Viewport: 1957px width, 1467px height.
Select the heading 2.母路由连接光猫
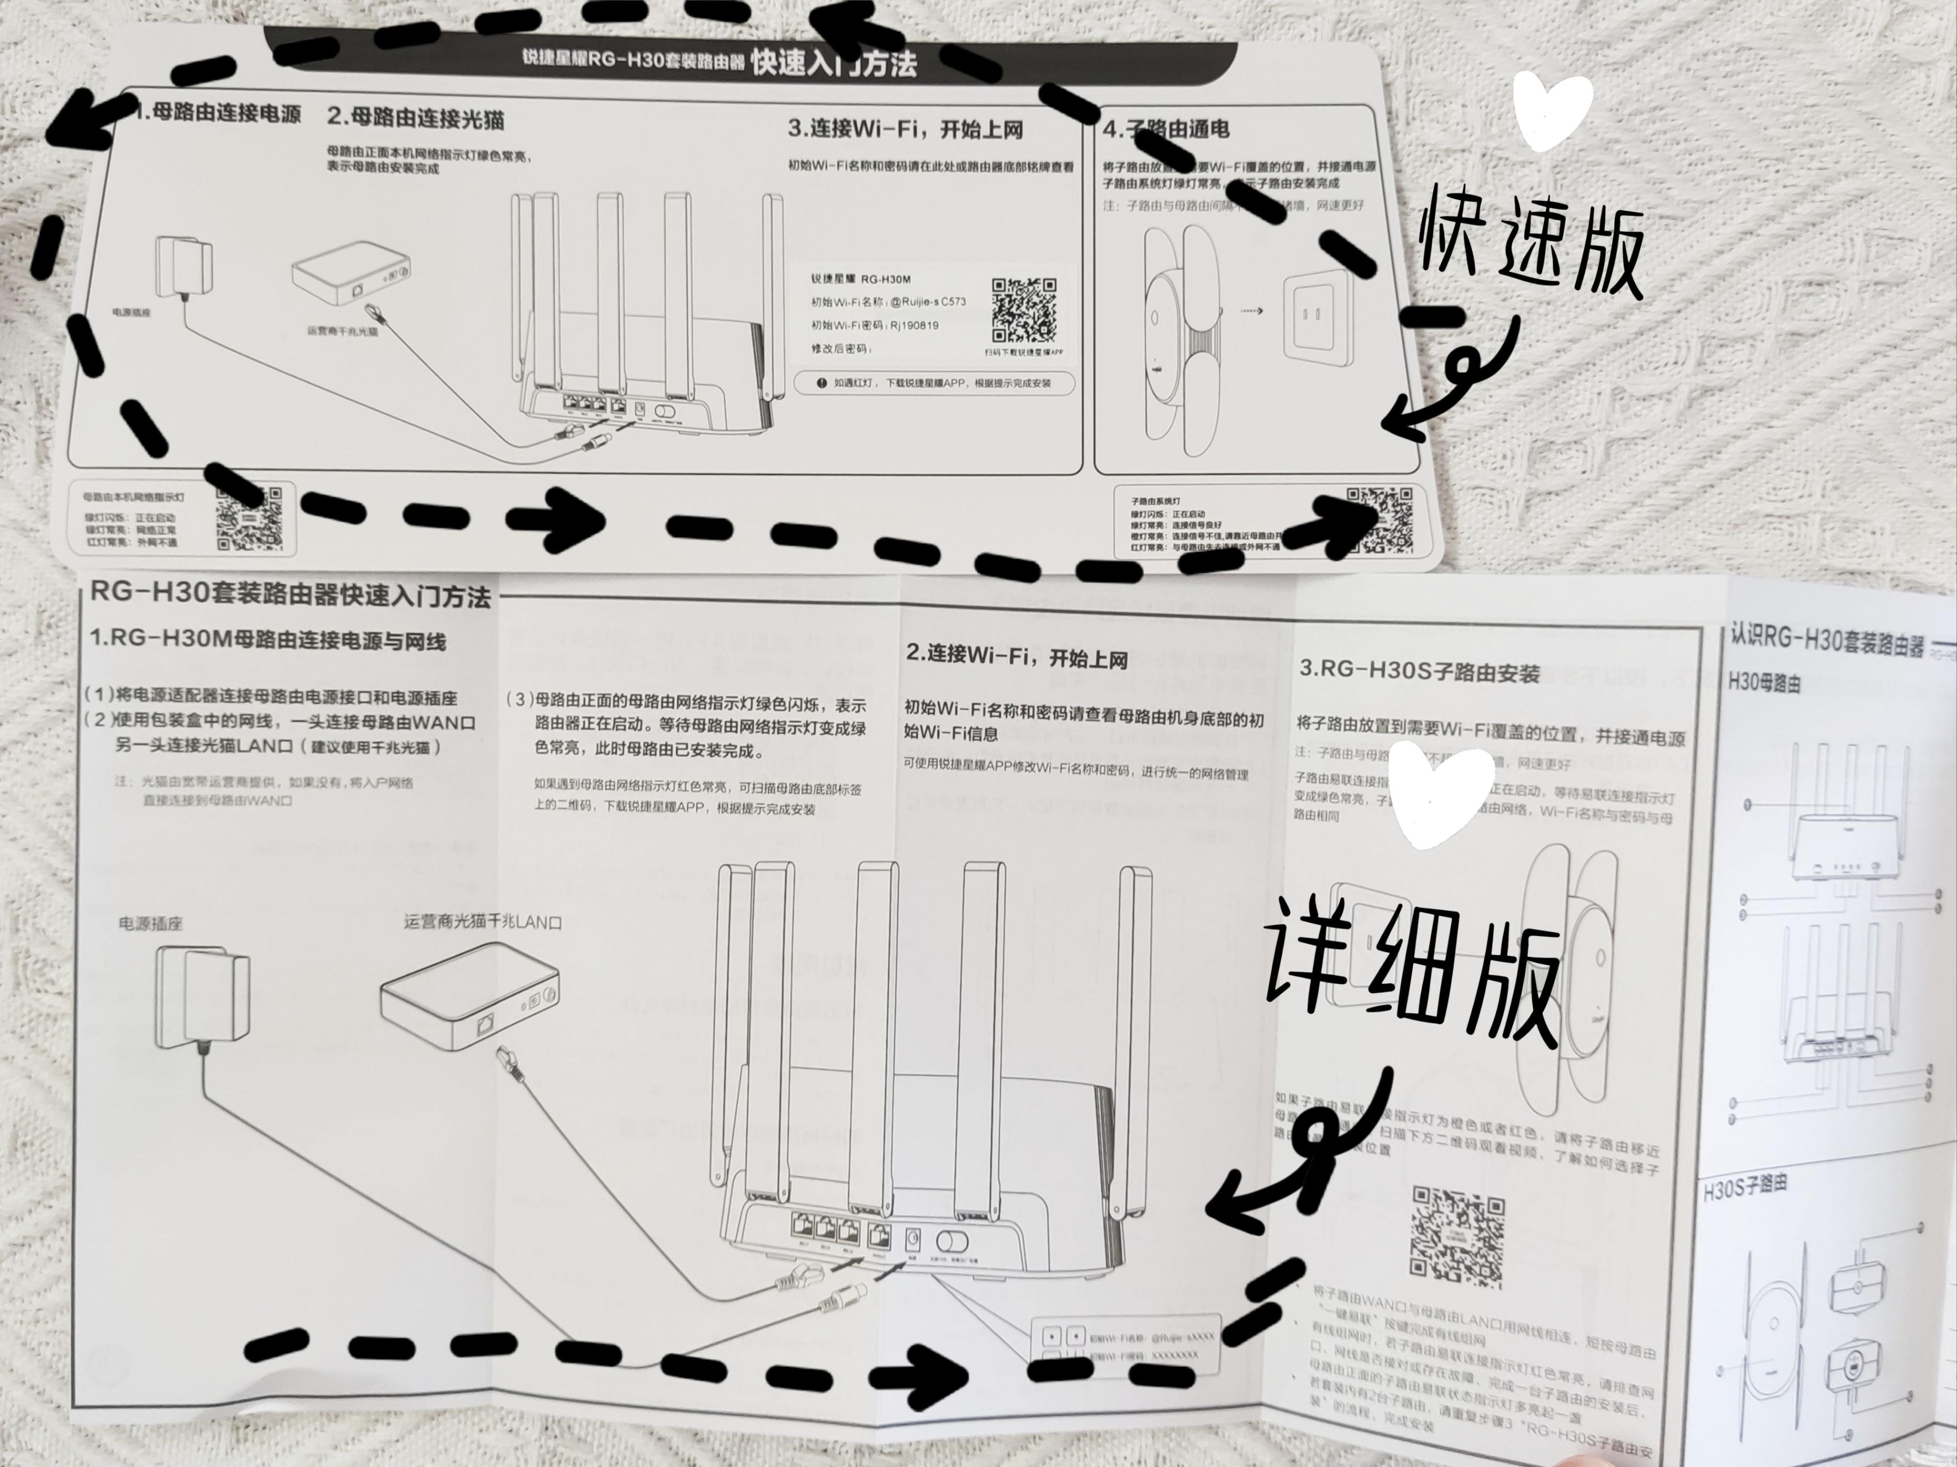point(416,117)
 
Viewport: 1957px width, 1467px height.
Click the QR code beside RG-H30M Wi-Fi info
point(1024,310)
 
